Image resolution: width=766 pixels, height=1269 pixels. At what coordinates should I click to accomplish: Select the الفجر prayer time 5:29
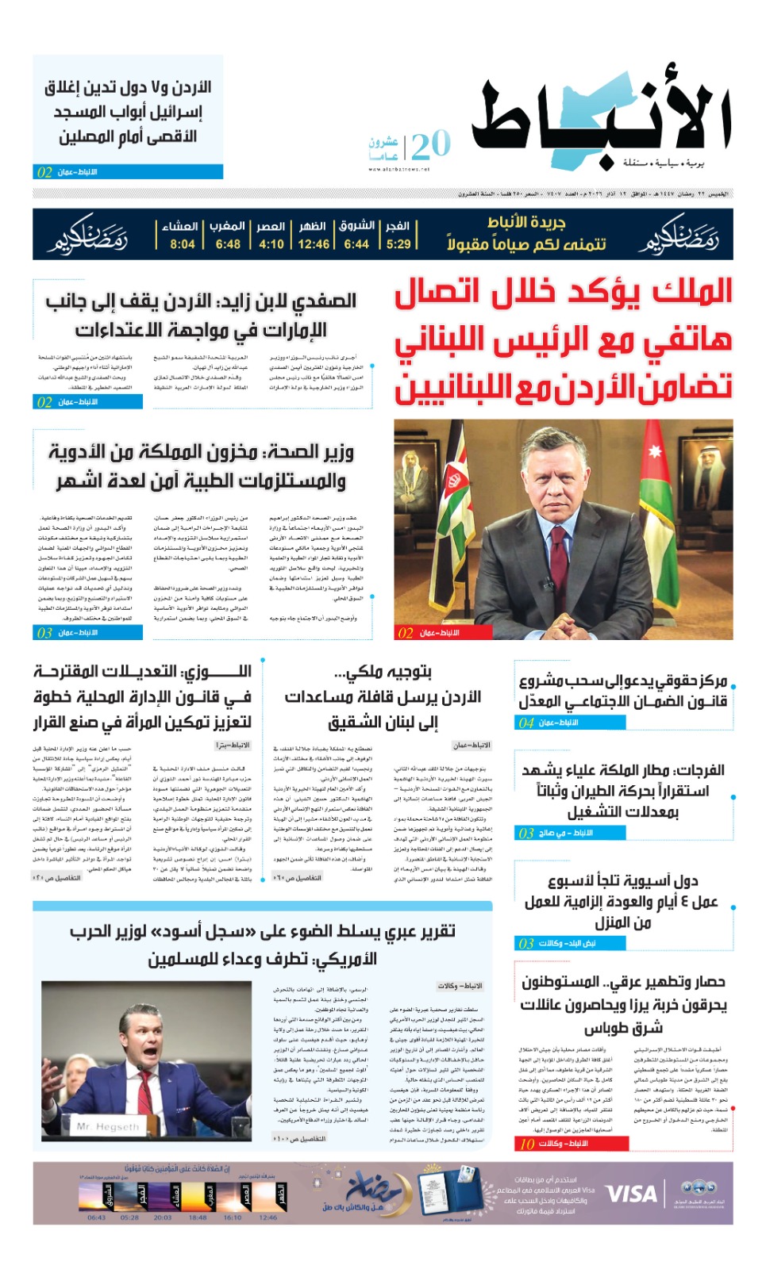coord(398,244)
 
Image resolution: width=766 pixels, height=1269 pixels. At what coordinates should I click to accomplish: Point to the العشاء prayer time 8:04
coord(182,244)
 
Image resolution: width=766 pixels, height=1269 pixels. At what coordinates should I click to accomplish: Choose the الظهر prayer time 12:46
coord(314,244)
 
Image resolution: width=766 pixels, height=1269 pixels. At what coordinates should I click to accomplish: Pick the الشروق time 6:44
coord(356,244)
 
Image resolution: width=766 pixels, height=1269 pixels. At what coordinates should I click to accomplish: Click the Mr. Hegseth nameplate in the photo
coord(108,1126)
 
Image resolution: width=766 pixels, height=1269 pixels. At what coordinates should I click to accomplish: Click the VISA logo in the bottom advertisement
coord(631,1194)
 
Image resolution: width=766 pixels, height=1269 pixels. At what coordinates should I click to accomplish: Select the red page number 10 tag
coord(527,1144)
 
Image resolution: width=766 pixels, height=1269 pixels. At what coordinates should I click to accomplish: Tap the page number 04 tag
coord(526,723)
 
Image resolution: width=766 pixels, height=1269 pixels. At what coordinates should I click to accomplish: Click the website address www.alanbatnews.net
coord(398,169)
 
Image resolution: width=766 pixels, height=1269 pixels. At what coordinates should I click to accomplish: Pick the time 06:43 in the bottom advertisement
coord(96,1217)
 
